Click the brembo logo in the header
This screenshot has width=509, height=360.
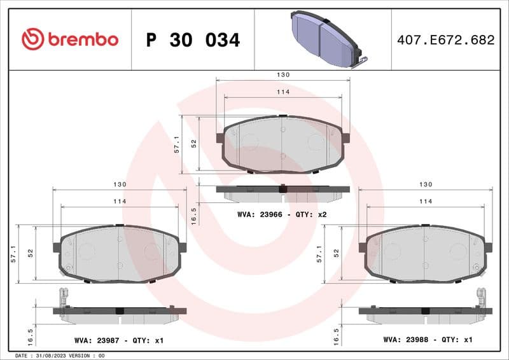coord(70,39)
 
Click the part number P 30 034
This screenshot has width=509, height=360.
coord(193,40)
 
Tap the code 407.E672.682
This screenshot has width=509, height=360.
coord(445,40)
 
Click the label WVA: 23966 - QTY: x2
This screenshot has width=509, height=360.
coord(282,214)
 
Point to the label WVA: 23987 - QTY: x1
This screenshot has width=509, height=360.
coord(118,340)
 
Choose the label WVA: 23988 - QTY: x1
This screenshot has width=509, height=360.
coord(428,340)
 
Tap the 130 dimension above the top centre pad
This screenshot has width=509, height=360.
coord(282,75)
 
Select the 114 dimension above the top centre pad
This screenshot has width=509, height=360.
coord(282,92)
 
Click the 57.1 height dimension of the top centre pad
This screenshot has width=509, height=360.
coord(178,144)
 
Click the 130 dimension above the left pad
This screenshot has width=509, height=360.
coord(120,184)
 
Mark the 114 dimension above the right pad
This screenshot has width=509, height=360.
coord(426,201)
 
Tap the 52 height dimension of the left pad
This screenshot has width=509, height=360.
coord(30,253)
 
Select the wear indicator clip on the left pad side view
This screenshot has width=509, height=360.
coord(63,298)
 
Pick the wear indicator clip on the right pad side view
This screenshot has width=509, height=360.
coord(481,298)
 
